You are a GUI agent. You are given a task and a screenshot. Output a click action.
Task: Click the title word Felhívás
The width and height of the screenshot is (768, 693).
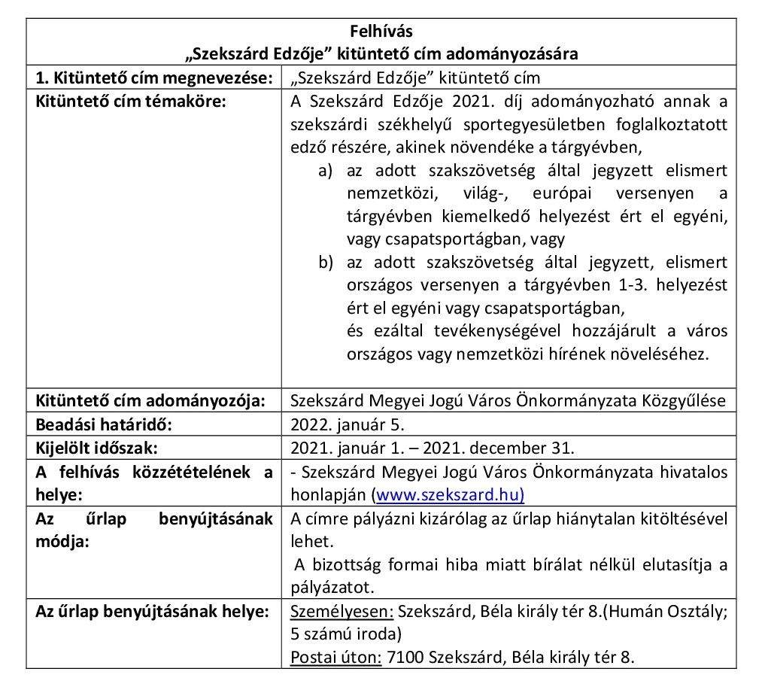pos(381,32)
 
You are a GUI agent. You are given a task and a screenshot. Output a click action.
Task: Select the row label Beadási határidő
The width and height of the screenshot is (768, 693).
pos(105,424)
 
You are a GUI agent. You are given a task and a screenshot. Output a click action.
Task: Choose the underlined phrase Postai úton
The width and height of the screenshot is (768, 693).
pos(335,656)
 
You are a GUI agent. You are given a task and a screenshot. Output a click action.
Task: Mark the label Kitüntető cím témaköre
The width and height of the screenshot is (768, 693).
pos(131,101)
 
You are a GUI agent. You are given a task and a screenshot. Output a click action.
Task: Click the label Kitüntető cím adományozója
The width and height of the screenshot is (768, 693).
pos(150,401)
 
